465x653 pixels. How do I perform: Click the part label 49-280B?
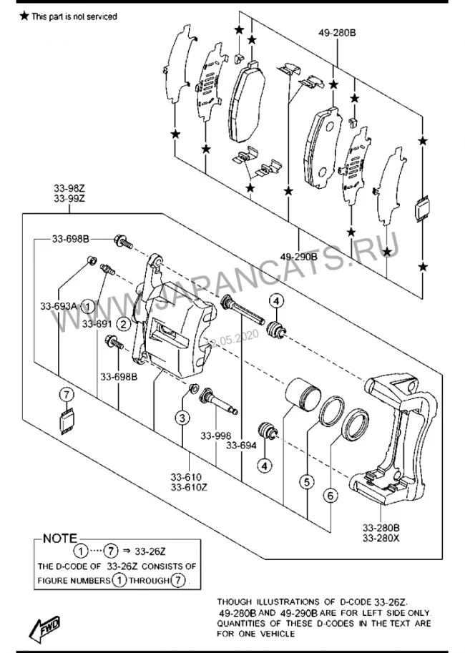337,32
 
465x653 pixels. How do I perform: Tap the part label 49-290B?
298,257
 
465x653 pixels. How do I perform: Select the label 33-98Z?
69,188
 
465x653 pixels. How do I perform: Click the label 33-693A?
59,306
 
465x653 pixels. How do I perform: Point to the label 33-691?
97,323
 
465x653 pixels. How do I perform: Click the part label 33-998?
216,436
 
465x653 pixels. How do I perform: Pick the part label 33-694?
241,445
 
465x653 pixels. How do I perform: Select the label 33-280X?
381,538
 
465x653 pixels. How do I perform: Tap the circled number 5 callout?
307,482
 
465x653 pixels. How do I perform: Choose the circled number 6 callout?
331,496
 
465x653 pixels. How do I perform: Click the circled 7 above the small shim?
67,394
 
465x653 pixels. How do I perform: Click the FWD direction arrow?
45,627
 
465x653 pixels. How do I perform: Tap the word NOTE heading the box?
60,539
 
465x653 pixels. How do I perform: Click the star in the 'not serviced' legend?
24,16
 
